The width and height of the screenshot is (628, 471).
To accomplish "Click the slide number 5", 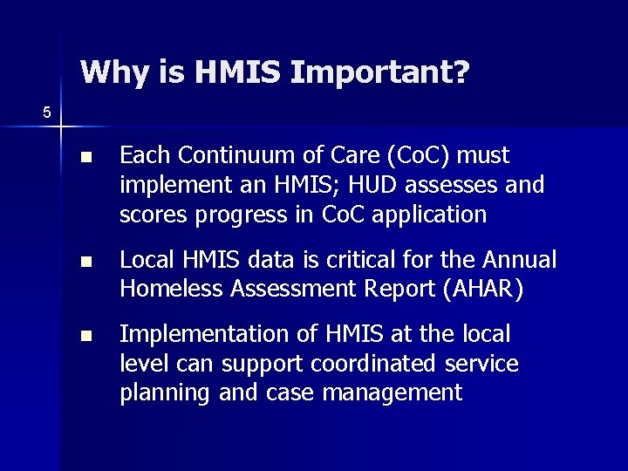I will click(x=47, y=112).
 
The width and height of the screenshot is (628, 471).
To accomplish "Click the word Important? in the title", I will click(x=379, y=72).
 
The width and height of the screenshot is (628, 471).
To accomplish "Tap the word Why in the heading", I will click(x=111, y=72).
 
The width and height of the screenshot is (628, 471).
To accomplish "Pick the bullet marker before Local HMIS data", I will click(x=85, y=263).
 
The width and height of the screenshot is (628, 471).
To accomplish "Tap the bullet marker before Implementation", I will click(x=85, y=336).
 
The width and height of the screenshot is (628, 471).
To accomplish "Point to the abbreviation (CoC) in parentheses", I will click(x=417, y=156).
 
